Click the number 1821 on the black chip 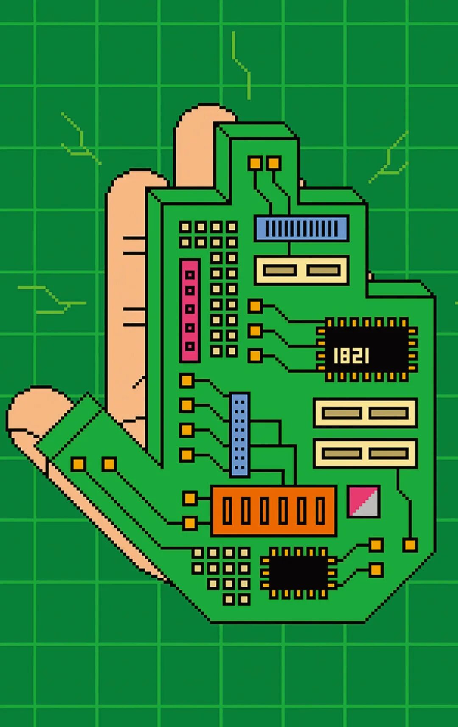click(x=351, y=356)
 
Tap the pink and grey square click(x=364, y=502)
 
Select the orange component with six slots click(x=274, y=511)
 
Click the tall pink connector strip click(x=190, y=310)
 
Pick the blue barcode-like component click(x=302, y=228)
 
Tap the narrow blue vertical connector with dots click(x=240, y=435)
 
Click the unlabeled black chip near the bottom click(x=299, y=573)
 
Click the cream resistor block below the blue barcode click(x=302, y=270)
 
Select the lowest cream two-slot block click(x=365, y=454)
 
